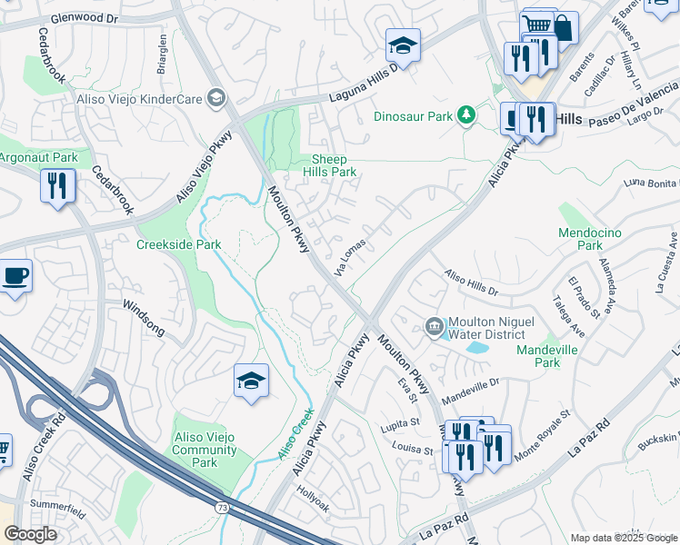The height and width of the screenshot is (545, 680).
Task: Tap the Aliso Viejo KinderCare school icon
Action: pyautogui.click(x=216, y=97)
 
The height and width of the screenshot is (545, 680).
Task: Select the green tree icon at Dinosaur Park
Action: pyautogui.click(x=465, y=115)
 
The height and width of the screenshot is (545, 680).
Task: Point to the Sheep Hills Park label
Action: pyautogui.click(x=329, y=164)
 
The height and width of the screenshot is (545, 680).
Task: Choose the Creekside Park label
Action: pyautogui.click(x=179, y=244)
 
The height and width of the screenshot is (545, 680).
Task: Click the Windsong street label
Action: pyautogui.click(x=144, y=318)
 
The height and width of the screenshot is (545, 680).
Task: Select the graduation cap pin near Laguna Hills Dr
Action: pyautogui.click(x=402, y=45)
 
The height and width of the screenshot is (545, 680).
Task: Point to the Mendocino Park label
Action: pyautogui.click(x=591, y=239)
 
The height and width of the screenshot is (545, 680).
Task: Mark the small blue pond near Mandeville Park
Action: pyautogui.click(x=475, y=347)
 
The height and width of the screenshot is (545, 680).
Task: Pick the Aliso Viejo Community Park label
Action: pyautogui.click(x=205, y=450)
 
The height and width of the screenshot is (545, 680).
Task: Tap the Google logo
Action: pyautogui.click(x=30, y=534)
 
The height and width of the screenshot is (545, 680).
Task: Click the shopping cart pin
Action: pyautogui.click(x=538, y=25)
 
